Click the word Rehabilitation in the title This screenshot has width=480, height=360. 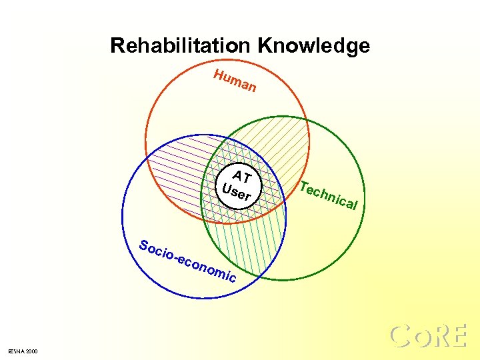(180, 46)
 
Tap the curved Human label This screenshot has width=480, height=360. (235, 81)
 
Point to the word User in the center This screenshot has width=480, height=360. (236, 192)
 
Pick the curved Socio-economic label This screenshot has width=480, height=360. (187, 261)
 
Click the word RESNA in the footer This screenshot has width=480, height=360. (17, 351)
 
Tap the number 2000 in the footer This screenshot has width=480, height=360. (32, 351)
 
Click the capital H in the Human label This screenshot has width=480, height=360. (219, 75)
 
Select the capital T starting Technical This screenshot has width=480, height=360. (304, 186)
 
